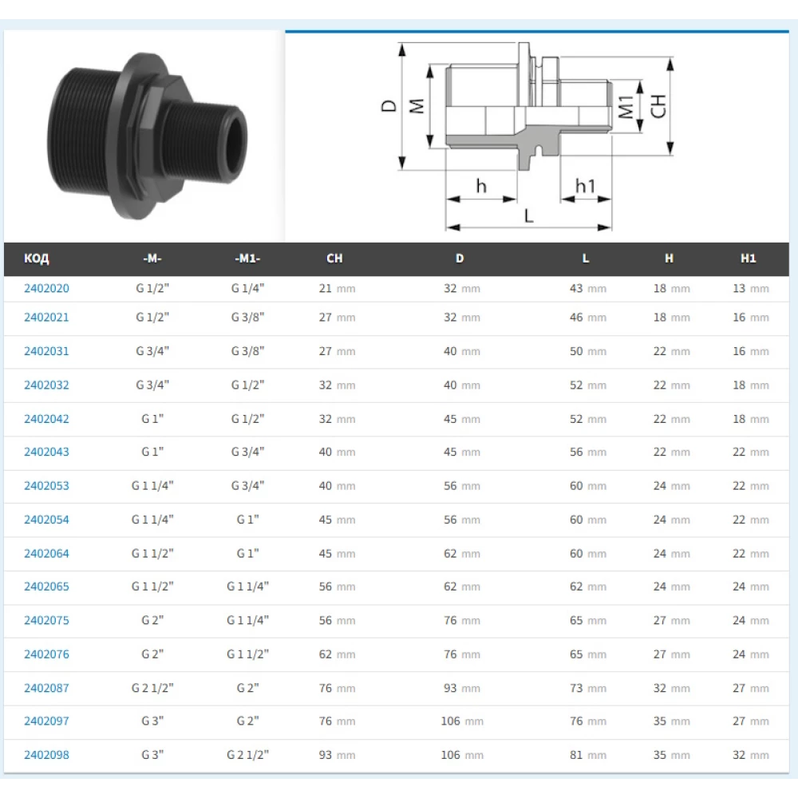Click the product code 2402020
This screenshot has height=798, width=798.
click(46, 288)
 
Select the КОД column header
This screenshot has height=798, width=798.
click(36, 259)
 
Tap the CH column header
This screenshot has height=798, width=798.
click(334, 259)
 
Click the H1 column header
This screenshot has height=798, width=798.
click(749, 259)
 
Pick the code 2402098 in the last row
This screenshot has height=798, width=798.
click(46, 755)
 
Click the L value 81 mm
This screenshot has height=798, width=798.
click(588, 755)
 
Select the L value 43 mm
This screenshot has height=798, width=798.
click(588, 289)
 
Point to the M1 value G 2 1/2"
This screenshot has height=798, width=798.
click(248, 755)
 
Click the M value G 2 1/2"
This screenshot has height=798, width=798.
click(152, 688)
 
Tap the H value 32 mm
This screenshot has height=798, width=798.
click(672, 688)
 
